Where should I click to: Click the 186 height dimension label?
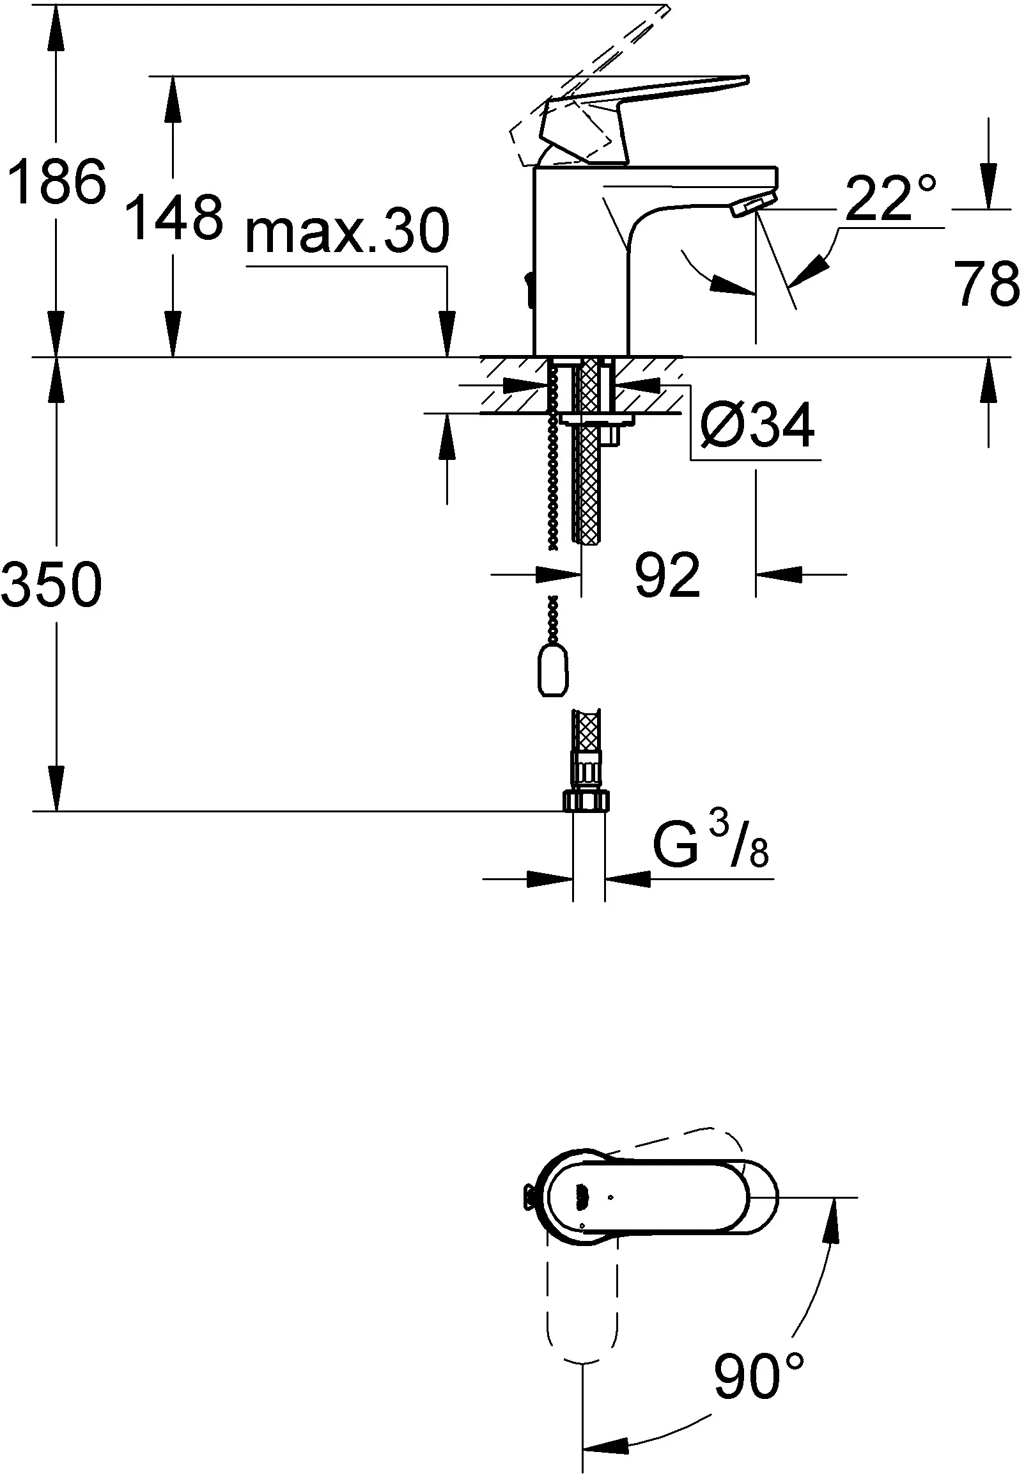click(56, 182)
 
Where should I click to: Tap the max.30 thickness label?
click(347, 231)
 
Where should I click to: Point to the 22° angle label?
click(890, 198)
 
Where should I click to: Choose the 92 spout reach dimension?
click(667, 574)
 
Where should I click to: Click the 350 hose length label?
click(52, 583)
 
